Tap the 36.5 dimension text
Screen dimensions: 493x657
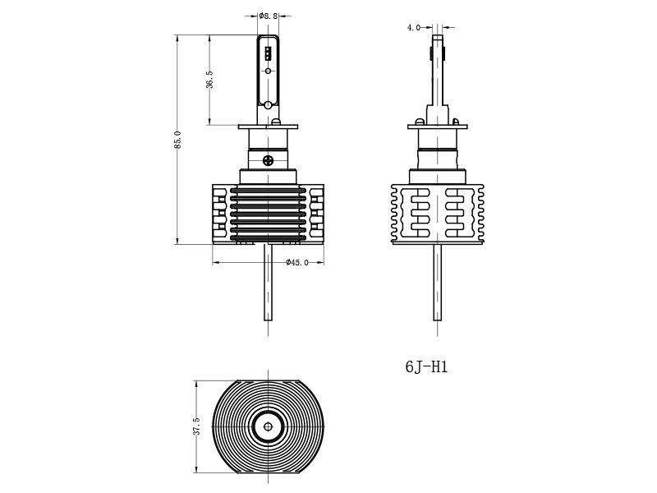click(209, 80)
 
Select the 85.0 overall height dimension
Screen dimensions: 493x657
click(177, 139)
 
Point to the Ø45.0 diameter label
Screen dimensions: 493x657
click(296, 263)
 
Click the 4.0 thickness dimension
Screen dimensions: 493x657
click(413, 28)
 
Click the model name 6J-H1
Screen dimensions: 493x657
click(426, 367)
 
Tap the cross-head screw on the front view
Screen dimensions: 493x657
click(268, 159)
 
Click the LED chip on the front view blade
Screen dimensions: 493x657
click(268, 54)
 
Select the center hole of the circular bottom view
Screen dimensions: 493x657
click(268, 426)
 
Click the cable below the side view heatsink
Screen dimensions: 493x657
click(437, 283)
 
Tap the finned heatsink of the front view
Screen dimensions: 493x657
click(268, 214)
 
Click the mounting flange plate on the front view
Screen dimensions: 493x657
click(268, 127)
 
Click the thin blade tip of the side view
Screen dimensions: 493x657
click(437, 49)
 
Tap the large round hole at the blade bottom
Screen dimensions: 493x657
click(268, 104)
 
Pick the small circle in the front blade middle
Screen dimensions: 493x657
click(268, 71)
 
